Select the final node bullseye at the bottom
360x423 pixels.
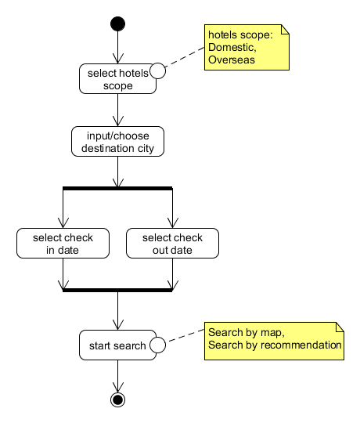pos(117,399)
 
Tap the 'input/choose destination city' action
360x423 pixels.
pos(117,141)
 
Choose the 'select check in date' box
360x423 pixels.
pos(62,244)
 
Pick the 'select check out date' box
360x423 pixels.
pos(171,244)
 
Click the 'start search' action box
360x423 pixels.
pos(114,345)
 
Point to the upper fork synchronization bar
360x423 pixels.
pos(117,188)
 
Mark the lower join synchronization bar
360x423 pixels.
pos(117,290)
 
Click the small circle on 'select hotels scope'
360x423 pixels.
pos(157,71)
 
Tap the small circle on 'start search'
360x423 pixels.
pos(157,345)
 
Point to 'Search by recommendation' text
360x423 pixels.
pos(275,344)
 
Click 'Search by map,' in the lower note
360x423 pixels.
pos(239,332)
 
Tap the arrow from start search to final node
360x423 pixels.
pos(117,376)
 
